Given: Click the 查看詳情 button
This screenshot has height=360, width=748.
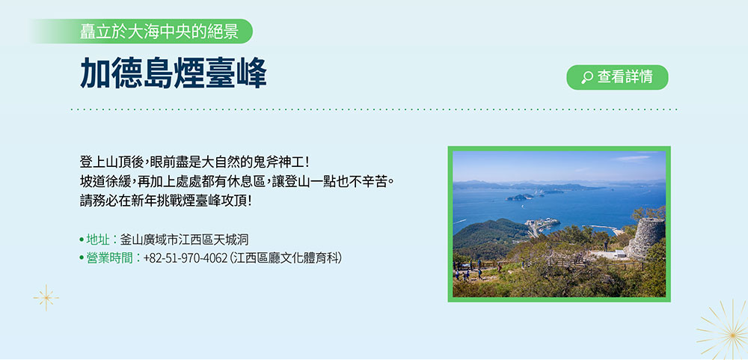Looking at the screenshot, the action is point(617,77).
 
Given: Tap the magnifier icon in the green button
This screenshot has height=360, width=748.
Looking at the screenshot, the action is point(587,77).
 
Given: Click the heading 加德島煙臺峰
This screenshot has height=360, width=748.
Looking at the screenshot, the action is point(174,73).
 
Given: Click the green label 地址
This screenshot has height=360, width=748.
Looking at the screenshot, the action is point(98,240).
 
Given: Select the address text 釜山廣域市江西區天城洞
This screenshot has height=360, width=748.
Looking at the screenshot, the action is point(184,240).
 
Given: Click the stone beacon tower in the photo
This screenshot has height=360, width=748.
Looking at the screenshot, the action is point(646,237).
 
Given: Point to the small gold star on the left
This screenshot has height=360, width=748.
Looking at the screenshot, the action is point(46,298).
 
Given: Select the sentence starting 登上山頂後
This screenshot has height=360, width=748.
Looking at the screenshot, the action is point(194,162).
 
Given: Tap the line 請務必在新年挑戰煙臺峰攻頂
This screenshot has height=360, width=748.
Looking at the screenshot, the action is point(165,201).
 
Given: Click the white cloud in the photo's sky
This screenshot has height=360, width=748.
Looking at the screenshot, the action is point(631,158).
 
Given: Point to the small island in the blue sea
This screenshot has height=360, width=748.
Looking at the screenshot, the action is point(519,197).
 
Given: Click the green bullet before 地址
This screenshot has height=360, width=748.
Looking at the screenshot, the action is point(82,240).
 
